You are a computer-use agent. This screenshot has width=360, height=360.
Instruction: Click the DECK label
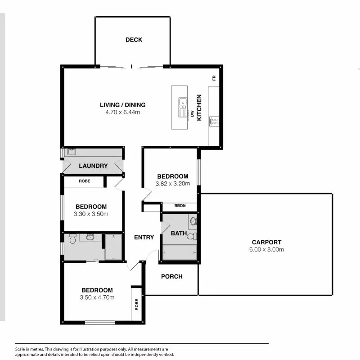(x=134, y=40)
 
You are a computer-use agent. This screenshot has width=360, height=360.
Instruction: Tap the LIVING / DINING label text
(x=123, y=105)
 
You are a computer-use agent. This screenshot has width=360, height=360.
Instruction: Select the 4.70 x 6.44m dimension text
(x=123, y=112)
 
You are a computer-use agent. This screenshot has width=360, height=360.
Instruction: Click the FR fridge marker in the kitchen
(x=214, y=78)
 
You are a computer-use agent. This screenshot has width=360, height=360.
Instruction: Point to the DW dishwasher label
(x=192, y=114)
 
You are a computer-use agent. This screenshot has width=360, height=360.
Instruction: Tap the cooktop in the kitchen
(x=214, y=121)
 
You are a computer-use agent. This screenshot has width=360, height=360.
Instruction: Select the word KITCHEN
(x=199, y=110)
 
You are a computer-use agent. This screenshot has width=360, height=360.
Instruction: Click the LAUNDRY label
(x=93, y=166)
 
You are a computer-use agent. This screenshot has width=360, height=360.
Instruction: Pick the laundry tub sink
(x=71, y=152)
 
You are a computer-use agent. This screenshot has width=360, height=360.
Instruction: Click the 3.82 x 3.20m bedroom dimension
(x=172, y=183)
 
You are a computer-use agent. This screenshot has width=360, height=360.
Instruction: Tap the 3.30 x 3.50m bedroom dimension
(x=91, y=214)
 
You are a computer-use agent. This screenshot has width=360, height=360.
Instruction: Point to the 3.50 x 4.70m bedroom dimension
(x=97, y=297)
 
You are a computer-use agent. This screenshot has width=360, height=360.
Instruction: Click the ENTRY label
(x=144, y=237)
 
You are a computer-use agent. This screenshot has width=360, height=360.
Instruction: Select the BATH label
(x=178, y=233)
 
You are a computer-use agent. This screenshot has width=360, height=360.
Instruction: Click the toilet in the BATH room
(x=191, y=236)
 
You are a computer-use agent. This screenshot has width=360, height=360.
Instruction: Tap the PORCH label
(x=172, y=276)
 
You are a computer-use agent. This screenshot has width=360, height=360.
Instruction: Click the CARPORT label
(x=266, y=242)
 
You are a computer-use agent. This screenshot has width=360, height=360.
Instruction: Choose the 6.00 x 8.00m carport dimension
(x=266, y=249)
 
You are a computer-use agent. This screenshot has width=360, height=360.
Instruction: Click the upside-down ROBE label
(x=180, y=205)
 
